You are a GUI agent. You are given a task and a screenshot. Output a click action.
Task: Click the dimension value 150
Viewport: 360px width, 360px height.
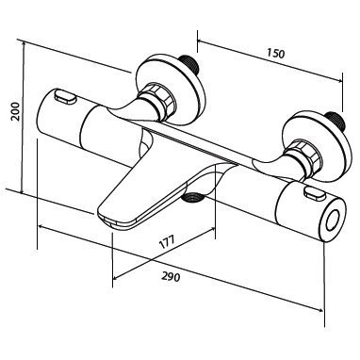pos(276,54)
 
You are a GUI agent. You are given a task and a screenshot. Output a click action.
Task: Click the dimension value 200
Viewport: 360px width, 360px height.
pos(15,111)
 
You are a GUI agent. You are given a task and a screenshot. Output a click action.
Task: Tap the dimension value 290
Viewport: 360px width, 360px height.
pos(172,276)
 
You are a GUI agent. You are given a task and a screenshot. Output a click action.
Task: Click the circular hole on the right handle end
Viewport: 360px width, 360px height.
pos(333,221)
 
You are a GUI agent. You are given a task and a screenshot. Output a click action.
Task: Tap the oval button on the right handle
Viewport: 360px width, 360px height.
pos(314,193)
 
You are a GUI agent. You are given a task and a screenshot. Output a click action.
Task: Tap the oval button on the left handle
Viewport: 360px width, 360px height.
pos(65,96)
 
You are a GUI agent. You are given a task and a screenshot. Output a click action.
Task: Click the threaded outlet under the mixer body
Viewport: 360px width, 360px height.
pos(193,197)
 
